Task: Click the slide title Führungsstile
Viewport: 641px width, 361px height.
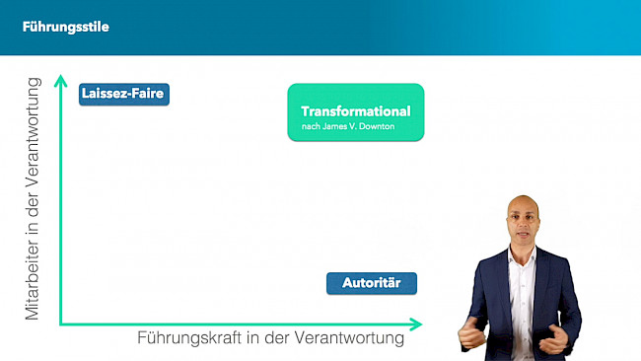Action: pos(66,27)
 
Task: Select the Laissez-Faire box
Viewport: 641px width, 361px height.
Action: pos(124,95)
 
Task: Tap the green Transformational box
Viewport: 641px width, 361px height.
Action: pos(356,112)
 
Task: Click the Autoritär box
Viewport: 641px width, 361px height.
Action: pos(372,284)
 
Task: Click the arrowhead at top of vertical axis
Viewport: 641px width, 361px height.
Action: pos(61,79)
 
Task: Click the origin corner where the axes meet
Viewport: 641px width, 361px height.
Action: pos(61,323)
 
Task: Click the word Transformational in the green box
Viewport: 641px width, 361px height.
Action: pos(356,111)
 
